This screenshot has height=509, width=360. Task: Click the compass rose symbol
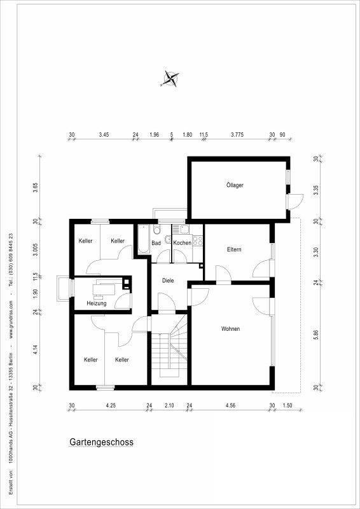[x=170, y=79]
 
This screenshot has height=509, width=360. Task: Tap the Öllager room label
[x=235, y=185]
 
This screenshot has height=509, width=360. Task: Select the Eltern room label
[x=233, y=249]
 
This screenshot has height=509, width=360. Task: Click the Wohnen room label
[x=230, y=329]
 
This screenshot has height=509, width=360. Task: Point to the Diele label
[x=168, y=281]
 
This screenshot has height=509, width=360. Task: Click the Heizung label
[x=97, y=303]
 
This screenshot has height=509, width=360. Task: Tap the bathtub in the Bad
[x=143, y=239]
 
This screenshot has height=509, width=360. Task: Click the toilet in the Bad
[x=157, y=230]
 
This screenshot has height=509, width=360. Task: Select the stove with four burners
[x=198, y=241]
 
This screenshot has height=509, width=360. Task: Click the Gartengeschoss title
[x=101, y=442]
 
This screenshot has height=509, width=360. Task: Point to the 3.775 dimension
[x=237, y=134]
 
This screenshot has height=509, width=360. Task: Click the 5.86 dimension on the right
[x=316, y=336]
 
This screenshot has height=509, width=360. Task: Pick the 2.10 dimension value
[x=169, y=405]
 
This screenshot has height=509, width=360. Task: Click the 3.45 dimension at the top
[x=104, y=134]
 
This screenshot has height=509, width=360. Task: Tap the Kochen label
[x=182, y=243]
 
